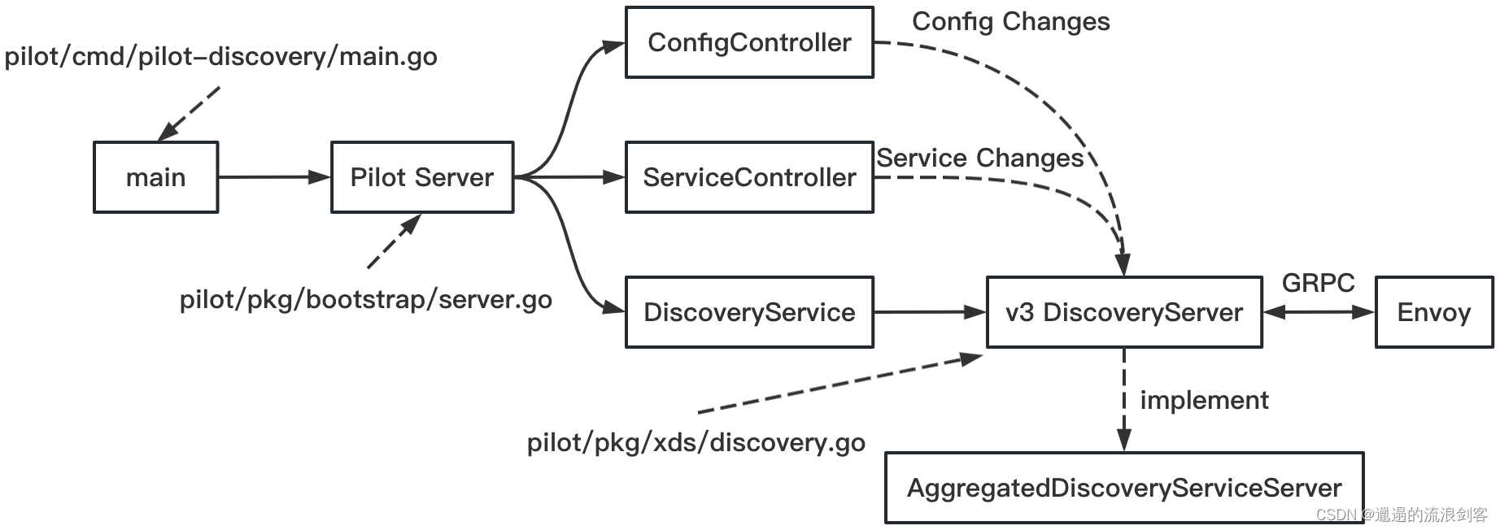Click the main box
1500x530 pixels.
coord(155,177)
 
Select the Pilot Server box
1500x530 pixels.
coord(421,177)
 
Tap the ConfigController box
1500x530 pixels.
coord(748,42)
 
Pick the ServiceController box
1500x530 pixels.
coord(748,177)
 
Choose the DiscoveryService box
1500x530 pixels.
coord(748,312)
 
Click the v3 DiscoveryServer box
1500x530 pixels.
coord(1123,312)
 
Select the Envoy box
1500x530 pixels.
coord(1433,312)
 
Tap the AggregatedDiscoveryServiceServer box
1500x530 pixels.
coord(1123,488)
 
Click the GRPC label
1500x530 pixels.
coord(1318,283)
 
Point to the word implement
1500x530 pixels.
coord(1203,400)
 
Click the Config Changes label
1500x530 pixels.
coord(1010,21)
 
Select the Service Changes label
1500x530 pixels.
coord(979,158)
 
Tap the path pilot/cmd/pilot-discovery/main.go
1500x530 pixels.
coord(220,57)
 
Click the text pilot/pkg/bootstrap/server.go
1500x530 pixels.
coord(365,300)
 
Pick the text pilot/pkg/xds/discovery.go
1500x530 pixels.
coord(695,443)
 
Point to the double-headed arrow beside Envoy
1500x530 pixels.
coord(1318,312)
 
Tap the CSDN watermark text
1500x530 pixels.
coord(1401,515)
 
